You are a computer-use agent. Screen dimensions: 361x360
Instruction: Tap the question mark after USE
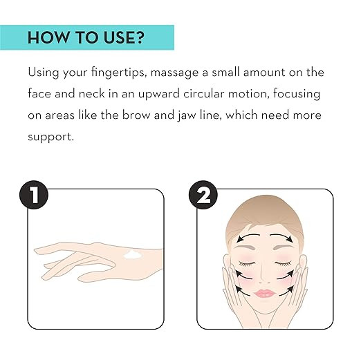[140, 37]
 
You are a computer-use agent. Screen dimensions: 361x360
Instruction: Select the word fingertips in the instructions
[119, 73]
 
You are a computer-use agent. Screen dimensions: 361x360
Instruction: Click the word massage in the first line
[174, 73]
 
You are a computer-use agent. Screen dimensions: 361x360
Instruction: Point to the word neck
[92, 94]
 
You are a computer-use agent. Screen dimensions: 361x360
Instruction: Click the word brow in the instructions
[136, 115]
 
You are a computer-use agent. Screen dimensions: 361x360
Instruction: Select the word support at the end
[50, 138]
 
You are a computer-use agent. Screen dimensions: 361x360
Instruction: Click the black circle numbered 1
[34, 195]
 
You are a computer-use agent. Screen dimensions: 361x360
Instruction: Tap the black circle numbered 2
[203, 195]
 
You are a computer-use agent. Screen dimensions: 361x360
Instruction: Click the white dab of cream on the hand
[133, 254]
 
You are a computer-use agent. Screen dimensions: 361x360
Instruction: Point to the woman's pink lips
[265, 293]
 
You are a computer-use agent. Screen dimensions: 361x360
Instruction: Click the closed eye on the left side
[247, 263]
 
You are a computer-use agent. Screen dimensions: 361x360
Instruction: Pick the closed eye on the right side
[284, 263]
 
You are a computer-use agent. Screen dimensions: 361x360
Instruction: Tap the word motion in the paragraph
[248, 94]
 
